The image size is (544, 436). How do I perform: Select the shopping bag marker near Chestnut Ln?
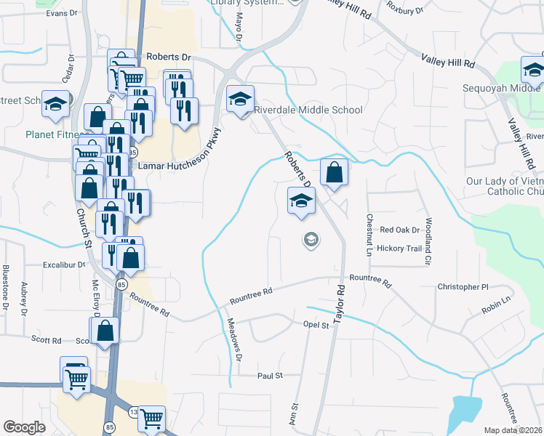coord(334,172)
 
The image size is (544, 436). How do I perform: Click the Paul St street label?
coord(269,376)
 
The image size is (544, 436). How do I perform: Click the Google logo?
coord(24,427)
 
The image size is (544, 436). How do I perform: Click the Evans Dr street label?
coord(61,13)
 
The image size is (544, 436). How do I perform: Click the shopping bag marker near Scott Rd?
coord(105,330)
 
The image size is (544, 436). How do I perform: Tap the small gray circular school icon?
coord(311,240)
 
